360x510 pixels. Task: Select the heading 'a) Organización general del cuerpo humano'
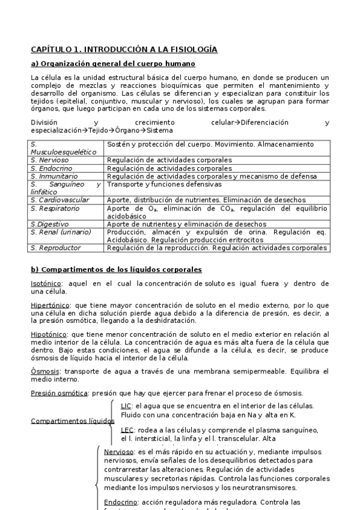point(113,64)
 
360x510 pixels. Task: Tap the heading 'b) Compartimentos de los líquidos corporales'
point(116,269)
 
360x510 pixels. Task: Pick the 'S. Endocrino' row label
point(51,168)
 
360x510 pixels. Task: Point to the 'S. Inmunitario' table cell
point(53,176)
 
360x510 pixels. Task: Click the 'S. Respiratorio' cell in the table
point(55,208)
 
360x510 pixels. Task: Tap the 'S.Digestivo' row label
point(49,224)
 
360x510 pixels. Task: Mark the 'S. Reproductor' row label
point(55,247)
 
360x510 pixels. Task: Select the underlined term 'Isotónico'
point(47,283)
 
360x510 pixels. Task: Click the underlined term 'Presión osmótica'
point(59,393)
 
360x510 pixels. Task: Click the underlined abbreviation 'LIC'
point(127,407)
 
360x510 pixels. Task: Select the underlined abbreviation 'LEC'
point(127,430)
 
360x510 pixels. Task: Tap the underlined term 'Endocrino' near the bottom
point(120,502)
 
